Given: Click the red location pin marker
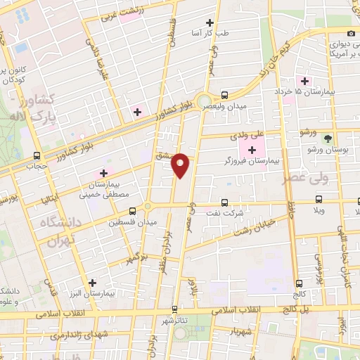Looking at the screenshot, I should (x=181, y=164).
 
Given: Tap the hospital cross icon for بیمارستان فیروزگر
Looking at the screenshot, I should (x=252, y=149).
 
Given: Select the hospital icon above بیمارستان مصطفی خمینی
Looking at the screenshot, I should (x=104, y=172).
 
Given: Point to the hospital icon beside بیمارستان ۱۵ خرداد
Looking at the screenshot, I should (x=304, y=81).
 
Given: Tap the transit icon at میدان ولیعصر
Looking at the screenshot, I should (x=224, y=94).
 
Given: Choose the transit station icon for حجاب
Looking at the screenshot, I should (x=37, y=156).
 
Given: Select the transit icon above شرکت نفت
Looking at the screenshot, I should (x=224, y=202).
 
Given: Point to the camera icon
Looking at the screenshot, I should (x=351, y=34).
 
